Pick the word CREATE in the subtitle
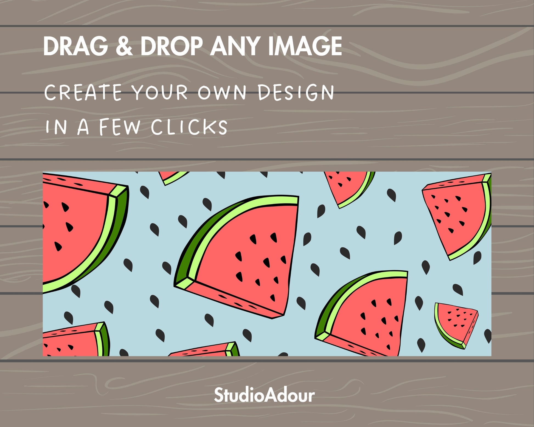pos(83,92)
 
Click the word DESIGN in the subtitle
pos(296,92)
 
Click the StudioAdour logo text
pos(265,395)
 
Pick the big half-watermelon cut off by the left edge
pos(82,233)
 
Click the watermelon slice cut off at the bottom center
pos(204,349)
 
